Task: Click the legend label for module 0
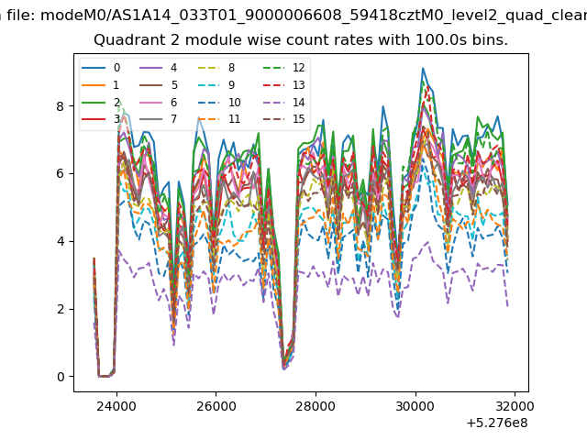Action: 116,68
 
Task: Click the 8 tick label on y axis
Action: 61,106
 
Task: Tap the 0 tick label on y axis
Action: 61,377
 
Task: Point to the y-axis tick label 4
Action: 61,241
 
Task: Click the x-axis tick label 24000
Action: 116,406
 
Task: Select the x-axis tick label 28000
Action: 316,406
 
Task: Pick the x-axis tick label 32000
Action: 515,406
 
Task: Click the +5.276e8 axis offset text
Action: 497,423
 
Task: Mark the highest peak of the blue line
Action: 423,68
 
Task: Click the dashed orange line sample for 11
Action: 209,119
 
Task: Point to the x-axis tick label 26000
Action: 216,406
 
